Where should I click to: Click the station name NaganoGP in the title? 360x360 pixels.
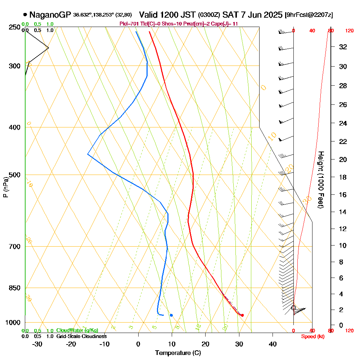pyautogui.click(x=50, y=15)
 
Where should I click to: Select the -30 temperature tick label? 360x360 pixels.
pyautogui.click(x=37, y=344)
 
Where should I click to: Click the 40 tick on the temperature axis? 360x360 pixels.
pyautogui.click(x=273, y=344)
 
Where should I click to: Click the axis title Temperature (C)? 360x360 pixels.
pyautogui.click(x=178, y=353)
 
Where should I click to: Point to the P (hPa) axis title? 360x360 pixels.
pyautogui.click(x=5, y=187)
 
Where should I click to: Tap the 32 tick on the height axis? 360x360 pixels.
pyautogui.click(x=343, y=47)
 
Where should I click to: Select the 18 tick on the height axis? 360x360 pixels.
pyautogui.click(x=343, y=177)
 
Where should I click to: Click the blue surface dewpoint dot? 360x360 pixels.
pyautogui.click(x=171, y=315)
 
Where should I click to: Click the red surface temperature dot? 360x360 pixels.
pyautogui.click(x=242, y=315)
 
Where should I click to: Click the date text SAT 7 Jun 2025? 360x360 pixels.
pyautogui.click(x=252, y=15)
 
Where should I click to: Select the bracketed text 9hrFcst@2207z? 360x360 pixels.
pyautogui.click(x=309, y=15)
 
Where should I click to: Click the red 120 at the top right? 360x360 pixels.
pyautogui.click(x=349, y=31)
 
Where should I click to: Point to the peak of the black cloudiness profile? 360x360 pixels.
pyautogui.click(x=48, y=48)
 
